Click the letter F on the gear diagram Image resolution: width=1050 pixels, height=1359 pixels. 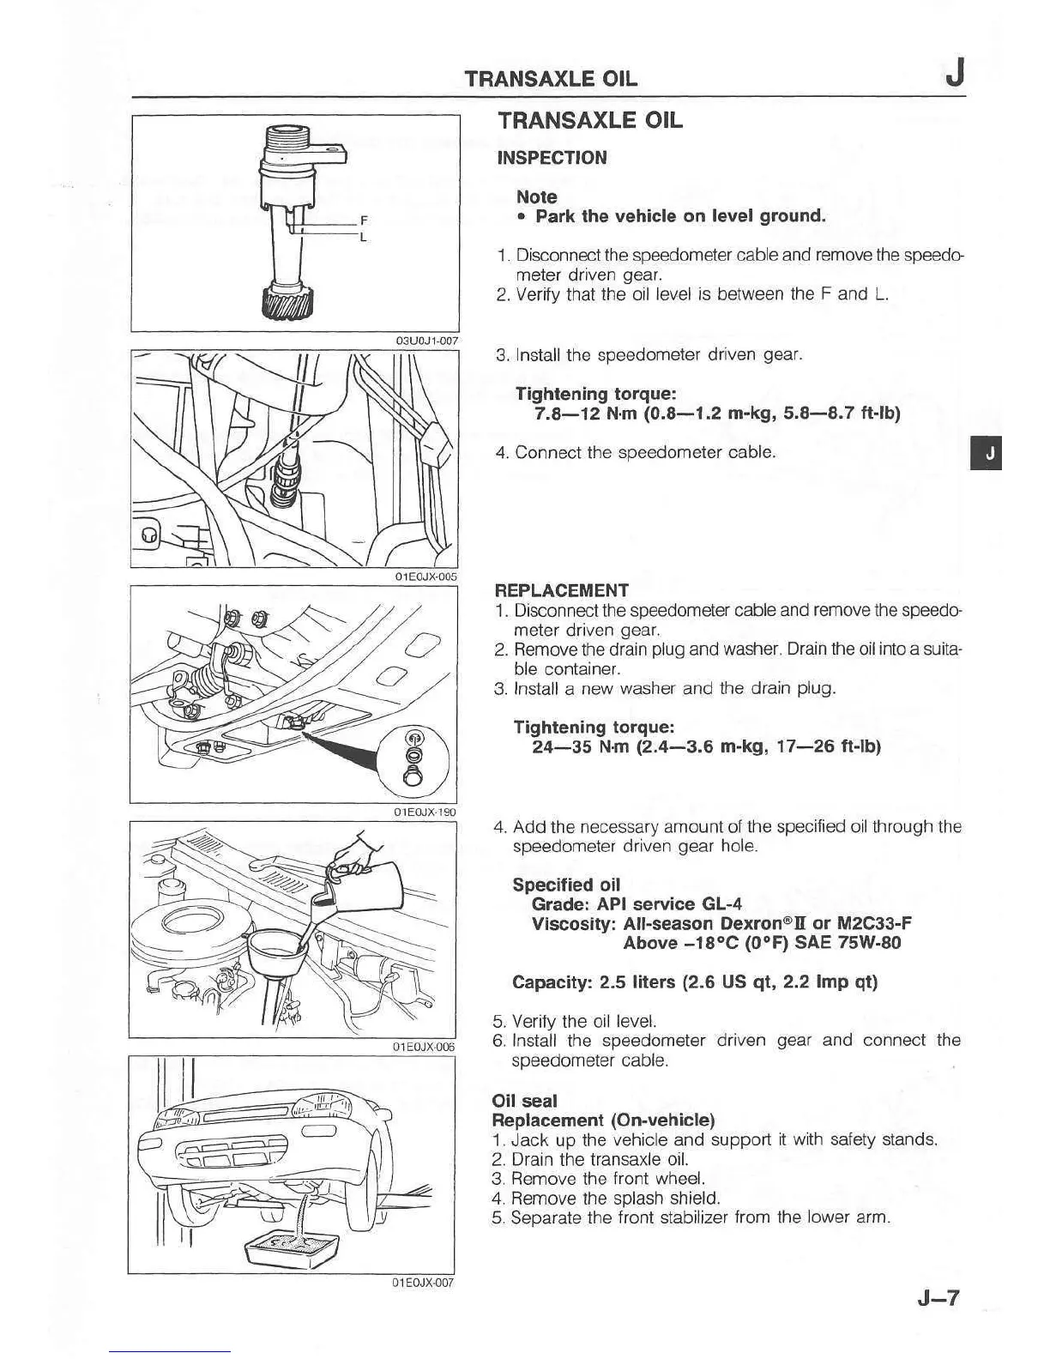pos(364,220)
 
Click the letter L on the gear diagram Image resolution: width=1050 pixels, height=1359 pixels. pos(364,236)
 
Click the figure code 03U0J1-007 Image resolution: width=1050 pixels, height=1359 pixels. pos(426,341)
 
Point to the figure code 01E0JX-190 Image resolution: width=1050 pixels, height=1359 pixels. pos(425,812)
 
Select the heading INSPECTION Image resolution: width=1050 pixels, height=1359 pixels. pos(552,158)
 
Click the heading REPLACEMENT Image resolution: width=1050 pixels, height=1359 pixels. pos(562,590)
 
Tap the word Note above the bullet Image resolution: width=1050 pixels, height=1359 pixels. pos(536,196)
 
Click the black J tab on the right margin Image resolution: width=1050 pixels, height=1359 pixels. pos(989,454)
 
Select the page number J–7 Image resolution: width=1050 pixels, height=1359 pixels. pos(938,1298)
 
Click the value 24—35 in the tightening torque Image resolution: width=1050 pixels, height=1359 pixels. pos(562,746)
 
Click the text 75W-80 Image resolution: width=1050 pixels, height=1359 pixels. pos(869,944)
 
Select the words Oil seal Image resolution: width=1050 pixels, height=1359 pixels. pos(524,1101)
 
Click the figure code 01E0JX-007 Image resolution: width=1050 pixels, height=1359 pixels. pos(422,1283)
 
